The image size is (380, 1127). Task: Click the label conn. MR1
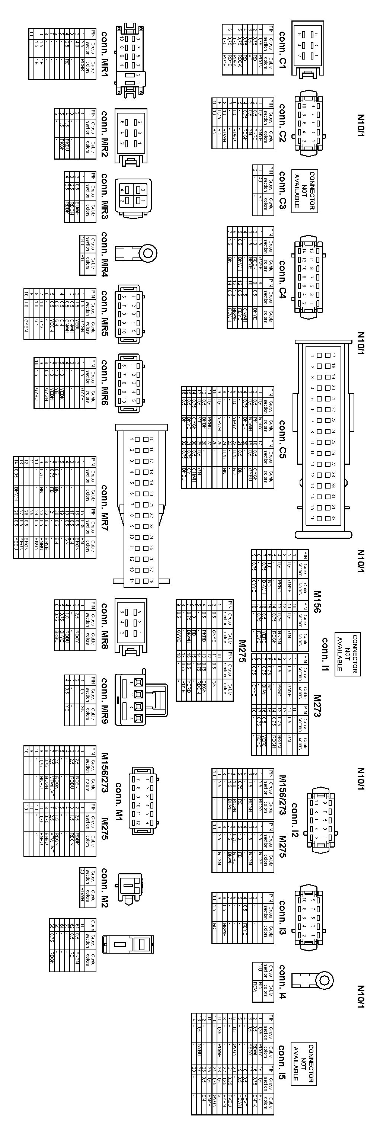point(105,53)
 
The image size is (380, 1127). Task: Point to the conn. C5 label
point(282,438)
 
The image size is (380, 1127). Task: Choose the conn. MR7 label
point(105,507)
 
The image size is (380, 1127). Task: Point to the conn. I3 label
point(282,917)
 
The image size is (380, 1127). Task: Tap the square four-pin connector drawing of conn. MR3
point(134,196)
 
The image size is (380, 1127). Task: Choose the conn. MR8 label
point(105,625)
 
